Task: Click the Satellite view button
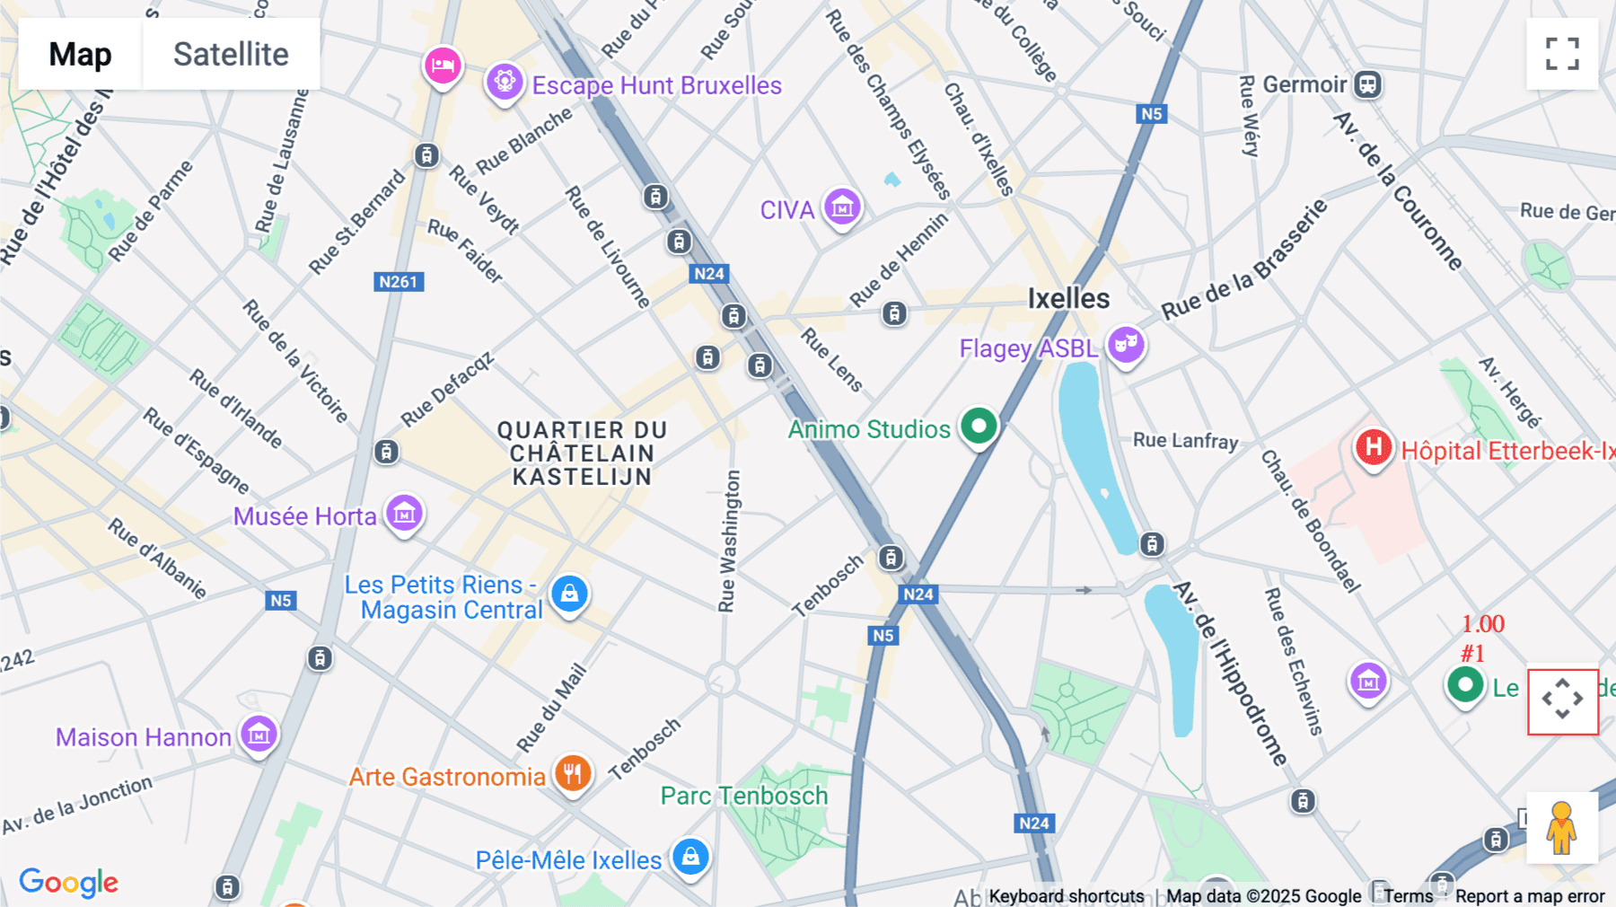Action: coord(231,54)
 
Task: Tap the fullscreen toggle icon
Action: coord(1562,54)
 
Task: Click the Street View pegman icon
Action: coord(1561,828)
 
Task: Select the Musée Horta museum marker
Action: coord(404,514)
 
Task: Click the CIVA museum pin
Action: coord(842,208)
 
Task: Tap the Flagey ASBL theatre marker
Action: coord(1125,345)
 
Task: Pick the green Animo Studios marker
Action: coord(979,426)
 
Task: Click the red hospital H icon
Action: coord(1373,446)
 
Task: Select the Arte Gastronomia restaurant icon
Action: coord(572,773)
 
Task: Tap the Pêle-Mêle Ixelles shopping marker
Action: coord(690,857)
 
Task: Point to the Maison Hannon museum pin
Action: coord(259,735)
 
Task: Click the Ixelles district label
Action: coord(1068,298)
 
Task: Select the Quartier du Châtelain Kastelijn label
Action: coord(582,453)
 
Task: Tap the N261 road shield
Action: coord(398,282)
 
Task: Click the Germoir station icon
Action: coord(1367,85)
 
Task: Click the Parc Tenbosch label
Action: coord(743,796)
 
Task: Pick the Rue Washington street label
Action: coord(729,541)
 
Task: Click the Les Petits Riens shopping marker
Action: coord(569,593)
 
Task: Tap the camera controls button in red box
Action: coord(1562,700)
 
